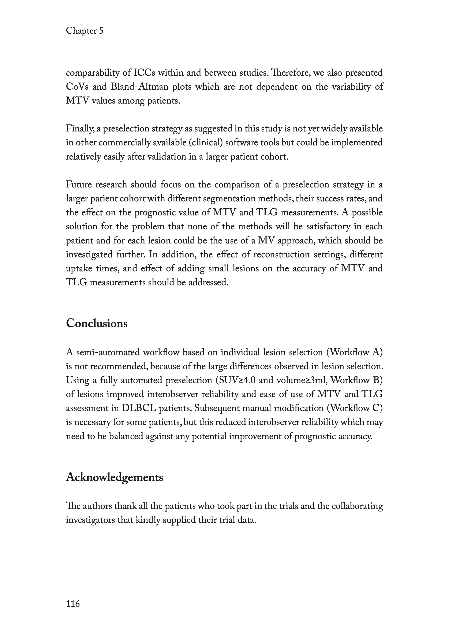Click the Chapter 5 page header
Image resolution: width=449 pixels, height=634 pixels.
(x=85, y=31)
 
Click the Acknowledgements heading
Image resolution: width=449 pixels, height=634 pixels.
(x=115, y=477)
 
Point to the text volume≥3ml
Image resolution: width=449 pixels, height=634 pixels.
(x=298, y=380)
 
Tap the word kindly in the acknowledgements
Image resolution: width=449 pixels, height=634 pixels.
(x=148, y=520)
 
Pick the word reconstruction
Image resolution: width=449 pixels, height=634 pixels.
(x=281, y=254)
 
